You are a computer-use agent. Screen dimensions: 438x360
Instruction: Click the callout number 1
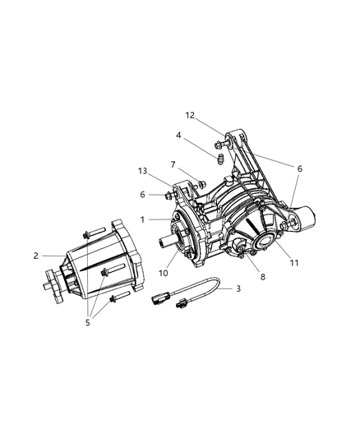coord(142,219)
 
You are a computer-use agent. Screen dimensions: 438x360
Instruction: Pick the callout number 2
coord(36,256)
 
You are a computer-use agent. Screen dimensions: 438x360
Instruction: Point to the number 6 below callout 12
coord(299,168)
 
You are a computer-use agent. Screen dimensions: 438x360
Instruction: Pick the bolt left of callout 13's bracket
coord(169,196)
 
